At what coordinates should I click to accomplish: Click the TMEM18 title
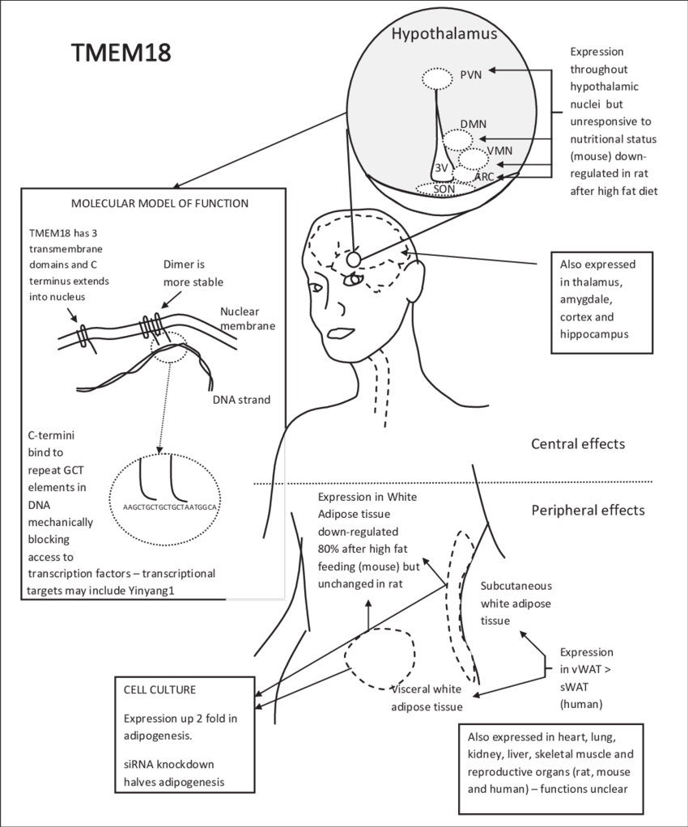(x=121, y=53)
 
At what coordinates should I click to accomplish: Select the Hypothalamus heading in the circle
(x=444, y=34)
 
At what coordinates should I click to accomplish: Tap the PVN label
(x=470, y=74)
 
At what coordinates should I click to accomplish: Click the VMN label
(x=499, y=151)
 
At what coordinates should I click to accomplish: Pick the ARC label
(x=484, y=176)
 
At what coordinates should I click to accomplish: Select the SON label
(x=444, y=189)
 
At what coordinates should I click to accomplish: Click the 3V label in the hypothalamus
(x=441, y=168)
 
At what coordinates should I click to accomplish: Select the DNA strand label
(x=241, y=399)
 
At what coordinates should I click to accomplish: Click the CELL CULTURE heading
(x=159, y=690)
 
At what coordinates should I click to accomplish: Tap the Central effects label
(x=578, y=443)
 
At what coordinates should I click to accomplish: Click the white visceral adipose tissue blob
(x=381, y=657)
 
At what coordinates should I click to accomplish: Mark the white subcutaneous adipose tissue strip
(x=462, y=599)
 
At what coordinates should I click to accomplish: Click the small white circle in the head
(x=354, y=259)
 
